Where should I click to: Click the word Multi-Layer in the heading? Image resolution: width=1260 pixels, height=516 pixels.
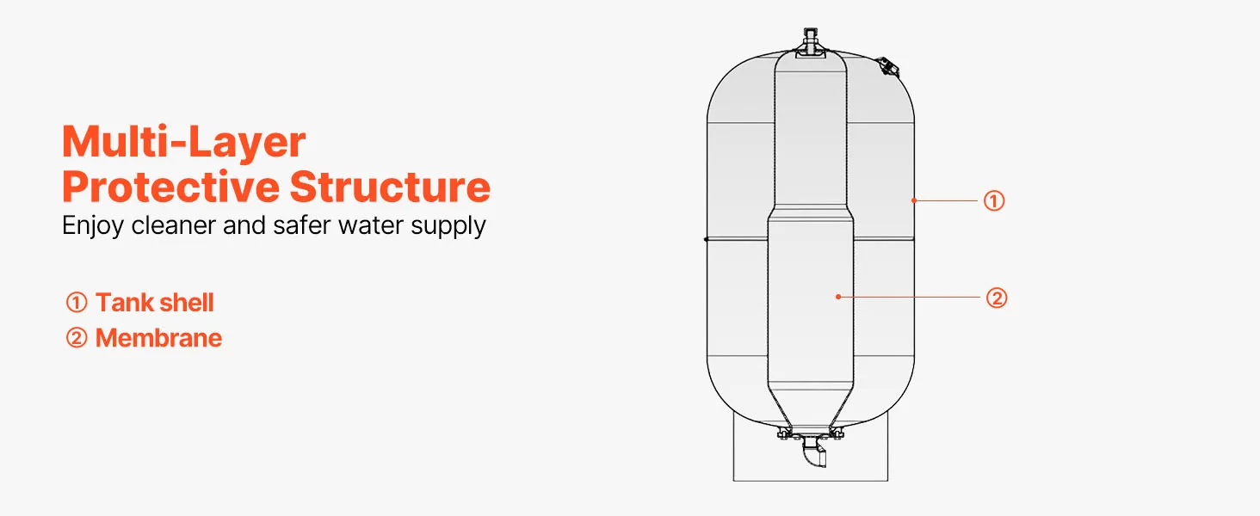tap(183, 142)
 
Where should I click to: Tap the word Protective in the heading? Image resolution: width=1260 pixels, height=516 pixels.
tap(170, 187)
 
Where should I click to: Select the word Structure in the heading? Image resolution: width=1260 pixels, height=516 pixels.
tap(390, 187)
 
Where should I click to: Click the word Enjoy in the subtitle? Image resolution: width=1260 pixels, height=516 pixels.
tap(92, 226)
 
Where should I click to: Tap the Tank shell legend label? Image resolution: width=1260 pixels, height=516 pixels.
tap(155, 303)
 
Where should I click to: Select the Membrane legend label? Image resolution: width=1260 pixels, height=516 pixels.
tap(158, 338)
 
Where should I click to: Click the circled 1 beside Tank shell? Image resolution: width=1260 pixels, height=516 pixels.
tap(77, 303)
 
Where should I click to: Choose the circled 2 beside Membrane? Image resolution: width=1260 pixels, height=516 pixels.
tap(77, 338)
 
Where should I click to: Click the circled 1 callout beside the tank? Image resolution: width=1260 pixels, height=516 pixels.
tap(994, 200)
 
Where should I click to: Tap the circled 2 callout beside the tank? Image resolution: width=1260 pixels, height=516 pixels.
tap(997, 298)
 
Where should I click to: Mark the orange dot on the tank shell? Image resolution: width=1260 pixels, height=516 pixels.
tap(914, 200)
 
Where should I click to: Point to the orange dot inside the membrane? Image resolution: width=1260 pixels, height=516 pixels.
tap(838, 297)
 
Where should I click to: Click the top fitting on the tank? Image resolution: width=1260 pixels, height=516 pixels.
tap(810, 43)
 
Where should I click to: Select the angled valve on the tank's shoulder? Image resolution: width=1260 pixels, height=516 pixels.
tap(889, 66)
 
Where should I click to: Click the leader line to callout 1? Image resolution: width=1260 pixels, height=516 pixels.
tap(946, 200)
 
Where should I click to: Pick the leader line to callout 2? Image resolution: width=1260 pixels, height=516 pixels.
tap(910, 297)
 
